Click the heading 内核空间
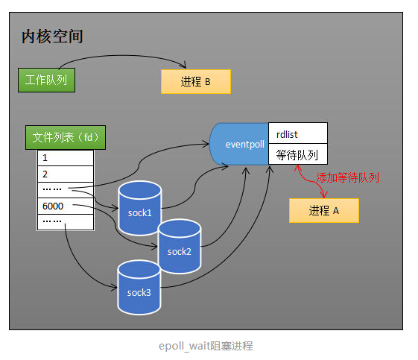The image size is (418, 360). [x=56, y=37]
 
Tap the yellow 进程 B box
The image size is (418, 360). [x=195, y=82]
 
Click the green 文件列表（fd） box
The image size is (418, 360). [x=65, y=138]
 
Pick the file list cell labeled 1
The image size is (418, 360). [x=65, y=158]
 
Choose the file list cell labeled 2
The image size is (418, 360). [x=65, y=174]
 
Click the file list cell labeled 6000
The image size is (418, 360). [x=65, y=205]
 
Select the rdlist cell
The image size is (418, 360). [x=297, y=133]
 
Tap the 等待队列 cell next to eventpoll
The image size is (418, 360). [x=297, y=155]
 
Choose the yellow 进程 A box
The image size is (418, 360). [x=323, y=211]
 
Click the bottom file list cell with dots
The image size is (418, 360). [x=65, y=221]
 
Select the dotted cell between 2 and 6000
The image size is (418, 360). [x=65, y=189]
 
